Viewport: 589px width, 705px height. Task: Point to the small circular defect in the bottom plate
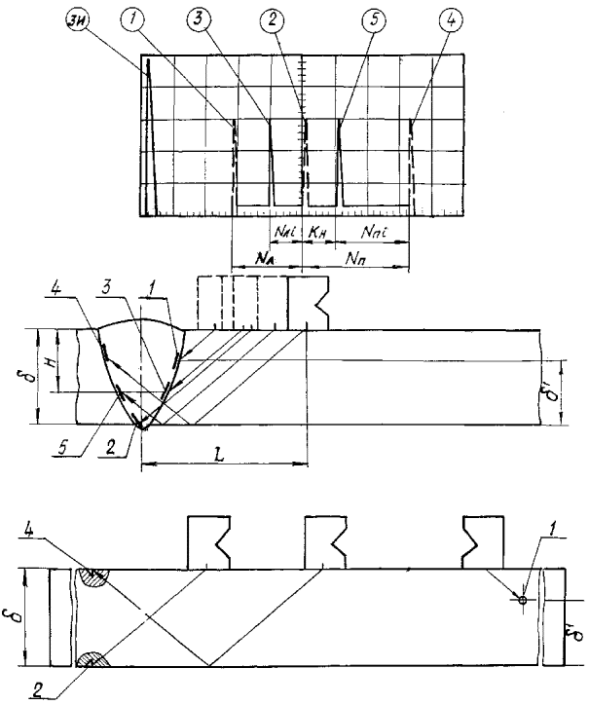(523, 601)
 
